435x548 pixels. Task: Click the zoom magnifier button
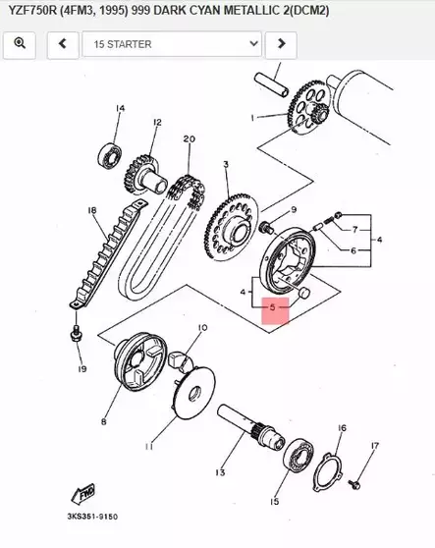pyautogui.click(x=21, y=44)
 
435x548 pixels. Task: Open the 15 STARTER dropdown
pyautogui.click(x=172, y=44)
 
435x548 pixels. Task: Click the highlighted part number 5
pyautogui.click(x=274, y=307)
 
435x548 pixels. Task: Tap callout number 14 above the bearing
pyautogui.click(x=121, y=108)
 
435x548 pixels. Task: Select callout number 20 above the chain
pyautogui.click(x=189, y=138)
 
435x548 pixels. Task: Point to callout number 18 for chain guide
pyautogui.click(x=91, y=210)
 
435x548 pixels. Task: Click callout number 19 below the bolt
pyautogui.click(x=82, y=369)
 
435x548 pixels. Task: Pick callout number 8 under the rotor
pyautogui.click(x=103, y=422)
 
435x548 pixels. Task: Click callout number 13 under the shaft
pyautogui.click(x=220, y=472)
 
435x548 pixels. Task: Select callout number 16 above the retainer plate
pyautogui.click(x=342, y=428)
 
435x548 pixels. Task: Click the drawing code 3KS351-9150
pyautogui.click(x=93, y=515)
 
